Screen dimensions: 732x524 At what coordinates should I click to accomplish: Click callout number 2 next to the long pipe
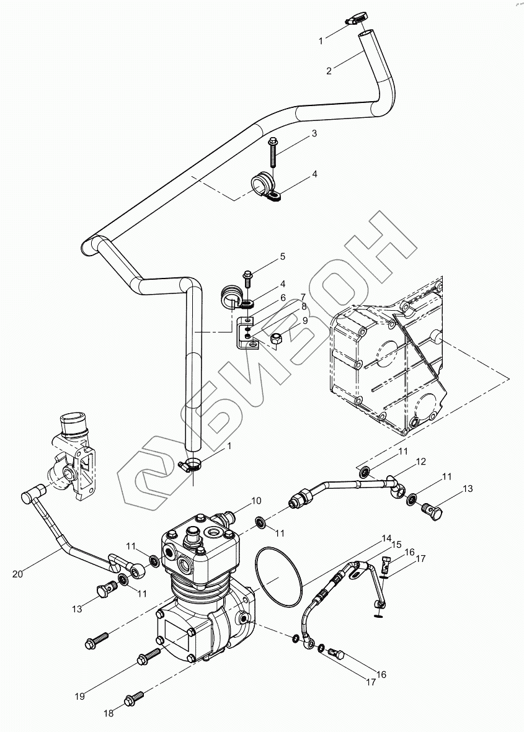click(329, 70)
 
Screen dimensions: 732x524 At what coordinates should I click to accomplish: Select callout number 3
click(314, 133)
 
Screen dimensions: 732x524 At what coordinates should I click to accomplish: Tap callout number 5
click(282, 256)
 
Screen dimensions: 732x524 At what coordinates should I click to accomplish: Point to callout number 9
click(305, 321)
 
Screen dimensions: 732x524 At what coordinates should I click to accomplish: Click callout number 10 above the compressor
click(256, 500)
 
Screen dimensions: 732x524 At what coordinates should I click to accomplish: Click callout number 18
click(109, 713)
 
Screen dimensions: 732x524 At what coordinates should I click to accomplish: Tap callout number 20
click(17, 573)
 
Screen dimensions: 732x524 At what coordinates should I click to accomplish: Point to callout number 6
click(282, 298)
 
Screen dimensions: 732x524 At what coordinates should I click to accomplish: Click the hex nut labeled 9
click(278, 339)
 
